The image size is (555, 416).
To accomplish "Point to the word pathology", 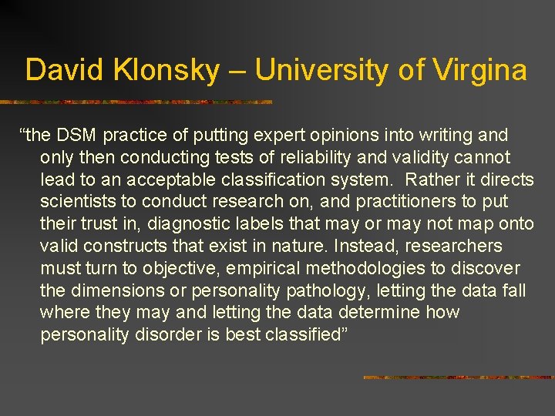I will [x=328, y=290].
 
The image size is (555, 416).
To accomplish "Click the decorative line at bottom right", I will [x=458, y=377].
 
